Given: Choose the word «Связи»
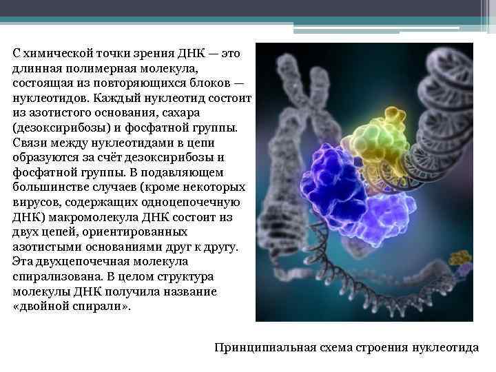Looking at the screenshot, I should point(28,143).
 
